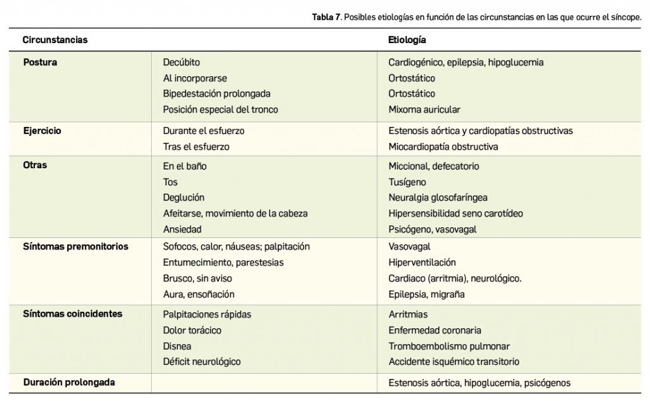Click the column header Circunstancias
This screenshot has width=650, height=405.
[x=55, y=40]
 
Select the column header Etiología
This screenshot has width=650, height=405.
[x=407, y=40]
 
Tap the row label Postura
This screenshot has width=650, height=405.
[x=40, y=62]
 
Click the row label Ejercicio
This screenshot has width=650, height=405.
[x=43, y=130]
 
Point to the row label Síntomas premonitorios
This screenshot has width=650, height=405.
[x=76, y=246]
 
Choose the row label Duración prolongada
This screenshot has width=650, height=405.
[x=69, y=382]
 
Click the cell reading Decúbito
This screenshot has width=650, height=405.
[x=182, y=62]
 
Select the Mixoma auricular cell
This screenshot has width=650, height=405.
[x=424, y=109]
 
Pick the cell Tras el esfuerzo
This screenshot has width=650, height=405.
[x=196, y=147]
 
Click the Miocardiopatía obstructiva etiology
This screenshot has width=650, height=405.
[x=443, y=147]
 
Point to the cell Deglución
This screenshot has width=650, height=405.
[x=184, y=197]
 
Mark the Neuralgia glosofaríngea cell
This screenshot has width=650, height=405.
[x=438, y=197]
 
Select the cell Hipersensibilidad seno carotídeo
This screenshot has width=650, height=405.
[x=456, y=213]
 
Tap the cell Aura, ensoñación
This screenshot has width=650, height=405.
[x=199, y=294]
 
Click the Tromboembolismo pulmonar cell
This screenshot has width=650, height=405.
[x=449, y=346]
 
